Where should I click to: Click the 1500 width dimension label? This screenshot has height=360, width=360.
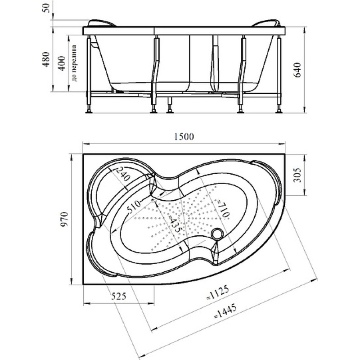click(184, 137)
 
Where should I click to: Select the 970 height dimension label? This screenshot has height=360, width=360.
click(64, 219)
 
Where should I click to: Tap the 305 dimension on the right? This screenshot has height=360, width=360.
click(298, 175)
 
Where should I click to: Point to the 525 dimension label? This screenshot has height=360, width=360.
click(119, 297)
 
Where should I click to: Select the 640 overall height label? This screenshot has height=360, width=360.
click(298, 70)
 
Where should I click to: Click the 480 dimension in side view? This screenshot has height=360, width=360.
click(46, 59)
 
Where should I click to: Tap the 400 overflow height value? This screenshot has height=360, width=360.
click(62, 63)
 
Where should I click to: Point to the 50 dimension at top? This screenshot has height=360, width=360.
click(46, 8)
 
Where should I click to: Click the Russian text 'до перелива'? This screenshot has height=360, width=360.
click(74, 63)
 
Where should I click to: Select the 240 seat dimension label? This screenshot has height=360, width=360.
click(124, 174)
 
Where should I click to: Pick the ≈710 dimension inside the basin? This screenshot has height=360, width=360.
click(222, 208)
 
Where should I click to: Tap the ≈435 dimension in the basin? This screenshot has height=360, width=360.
click(175, 223)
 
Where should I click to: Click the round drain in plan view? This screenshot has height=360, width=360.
click(217, 234)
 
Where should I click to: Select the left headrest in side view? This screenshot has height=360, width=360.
click(101, 23)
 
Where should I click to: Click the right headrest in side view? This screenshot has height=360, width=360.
click(266, 23)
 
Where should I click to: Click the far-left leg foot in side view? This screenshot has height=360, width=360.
click(89, 112)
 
